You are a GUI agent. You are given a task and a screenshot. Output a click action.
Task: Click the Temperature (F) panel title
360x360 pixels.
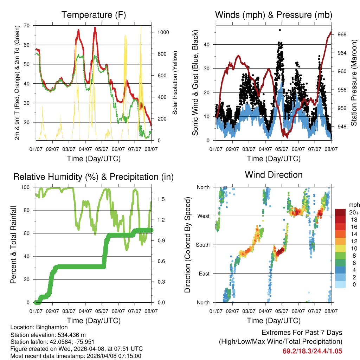[x=93, y=15]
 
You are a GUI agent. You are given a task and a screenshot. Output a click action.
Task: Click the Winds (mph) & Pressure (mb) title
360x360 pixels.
[x=274, y=15]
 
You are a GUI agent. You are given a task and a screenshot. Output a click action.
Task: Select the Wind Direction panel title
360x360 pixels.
[x=274, y=174]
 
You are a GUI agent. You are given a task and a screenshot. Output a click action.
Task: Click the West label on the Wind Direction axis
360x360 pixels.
[x=204, y=216]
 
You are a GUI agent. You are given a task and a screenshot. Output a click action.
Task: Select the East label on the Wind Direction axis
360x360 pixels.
[x=204, y=274]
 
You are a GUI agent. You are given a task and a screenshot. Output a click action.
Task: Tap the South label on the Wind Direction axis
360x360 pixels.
[x=202, y=245]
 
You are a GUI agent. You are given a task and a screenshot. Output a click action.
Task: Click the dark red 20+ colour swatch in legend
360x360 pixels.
[x=340, y=212]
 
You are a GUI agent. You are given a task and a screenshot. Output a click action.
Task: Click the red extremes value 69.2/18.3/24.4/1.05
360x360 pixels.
[x=312, y=351]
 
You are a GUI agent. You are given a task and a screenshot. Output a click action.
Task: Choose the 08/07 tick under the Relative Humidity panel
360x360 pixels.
[x=151, y=311]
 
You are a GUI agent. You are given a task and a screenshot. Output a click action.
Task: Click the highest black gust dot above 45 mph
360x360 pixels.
[x=280, y=30]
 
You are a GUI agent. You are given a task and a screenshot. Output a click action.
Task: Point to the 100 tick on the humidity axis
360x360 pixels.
[x=26, y=187]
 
